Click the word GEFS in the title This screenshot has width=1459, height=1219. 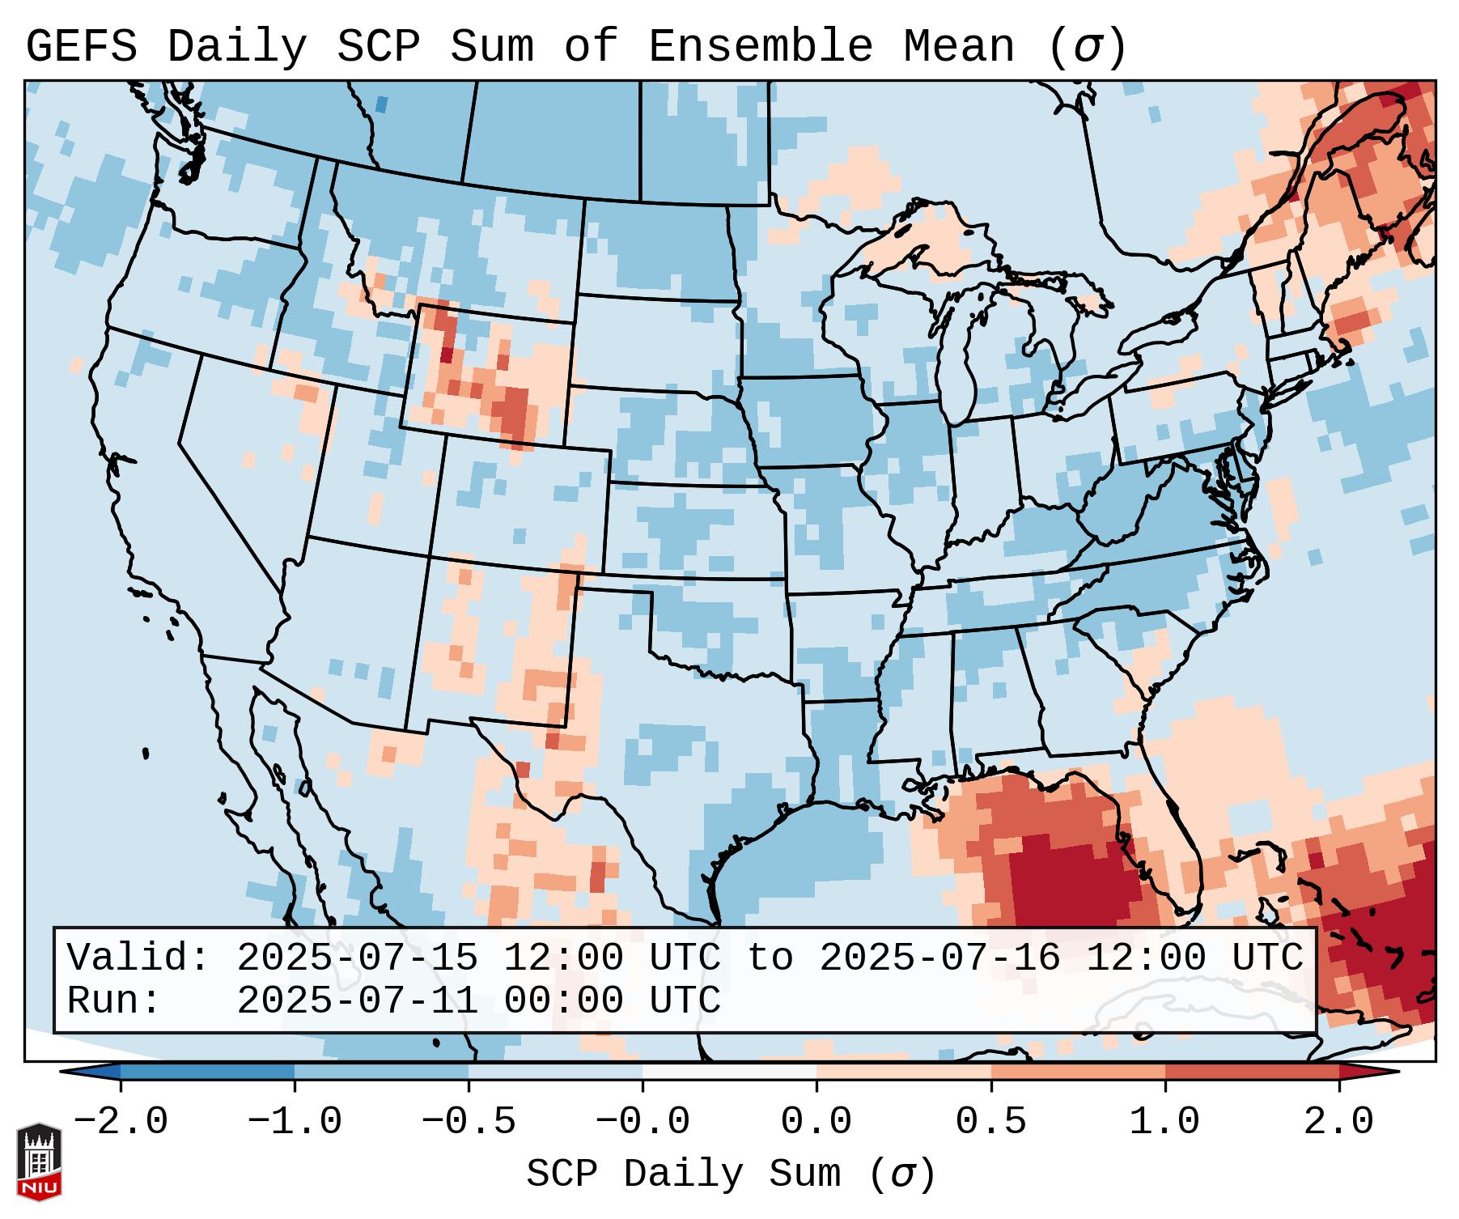point(81,47)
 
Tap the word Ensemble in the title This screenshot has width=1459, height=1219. point(760,47)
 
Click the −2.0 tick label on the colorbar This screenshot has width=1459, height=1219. point(121,1122)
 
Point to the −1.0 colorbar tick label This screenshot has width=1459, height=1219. point(295,1122)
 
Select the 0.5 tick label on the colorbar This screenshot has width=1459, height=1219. point(990,1122)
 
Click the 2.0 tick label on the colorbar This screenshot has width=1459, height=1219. point(1338,1122)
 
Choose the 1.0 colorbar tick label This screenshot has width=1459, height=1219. point(1164,1122)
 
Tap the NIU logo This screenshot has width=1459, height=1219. point(39,1161)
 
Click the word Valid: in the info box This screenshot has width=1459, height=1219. point(138,958)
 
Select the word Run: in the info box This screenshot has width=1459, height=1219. point(114,1001)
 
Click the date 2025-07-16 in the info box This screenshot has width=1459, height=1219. point(939,958)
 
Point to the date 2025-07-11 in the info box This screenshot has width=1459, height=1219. point(357,1001)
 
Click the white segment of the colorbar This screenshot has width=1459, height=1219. point(729,1072)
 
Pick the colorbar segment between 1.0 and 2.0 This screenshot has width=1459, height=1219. point(1251,1072)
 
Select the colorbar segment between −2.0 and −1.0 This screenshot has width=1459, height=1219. point(207,1072)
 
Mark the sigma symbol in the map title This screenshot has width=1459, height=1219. point(1087,47)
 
